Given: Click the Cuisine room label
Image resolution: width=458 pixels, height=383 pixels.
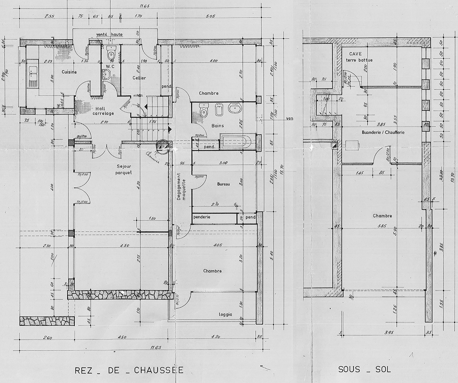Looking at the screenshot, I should point(70,72).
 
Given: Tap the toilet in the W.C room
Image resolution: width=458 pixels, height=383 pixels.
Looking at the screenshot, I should point(111,51).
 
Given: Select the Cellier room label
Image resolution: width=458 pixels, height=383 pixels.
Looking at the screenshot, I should point(139,78).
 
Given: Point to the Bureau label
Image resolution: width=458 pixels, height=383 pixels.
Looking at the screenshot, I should point(223,184).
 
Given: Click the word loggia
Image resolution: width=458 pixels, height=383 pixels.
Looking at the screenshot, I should point(225,315).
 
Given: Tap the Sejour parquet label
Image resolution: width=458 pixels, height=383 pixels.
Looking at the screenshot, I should point(125,169).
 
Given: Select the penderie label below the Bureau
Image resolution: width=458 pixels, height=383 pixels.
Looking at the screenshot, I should point(202,217).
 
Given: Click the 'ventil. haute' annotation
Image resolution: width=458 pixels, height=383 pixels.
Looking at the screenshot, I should point(110,34).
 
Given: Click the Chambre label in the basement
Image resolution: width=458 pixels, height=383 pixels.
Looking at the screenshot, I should point(382,216).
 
